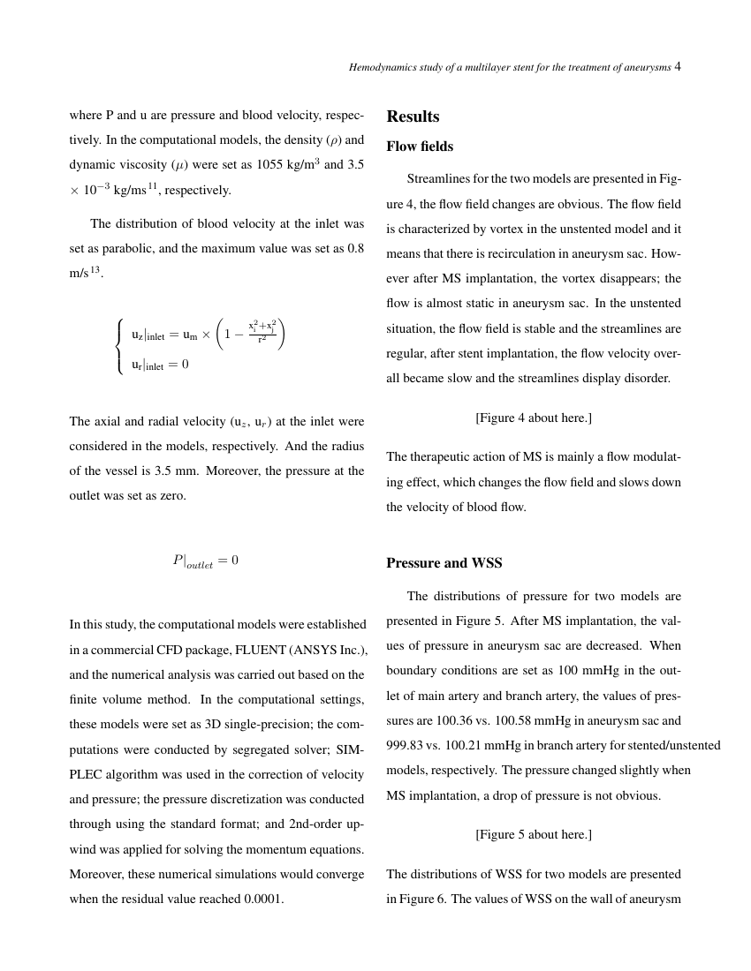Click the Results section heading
413,117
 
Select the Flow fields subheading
420,147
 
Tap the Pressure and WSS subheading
444,563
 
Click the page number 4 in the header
678,66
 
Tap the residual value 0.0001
263,899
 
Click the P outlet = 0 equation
205,561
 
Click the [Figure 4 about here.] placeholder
534,418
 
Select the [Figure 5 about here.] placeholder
534,834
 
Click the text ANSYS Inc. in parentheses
333,650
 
